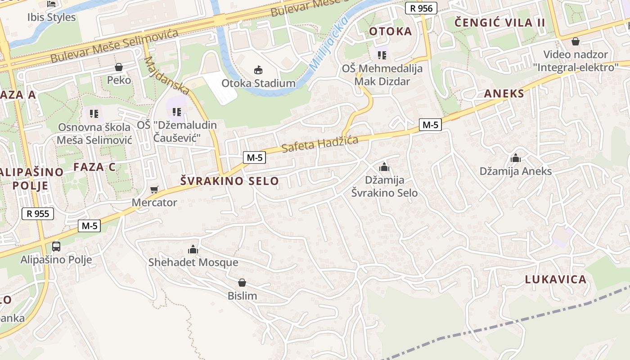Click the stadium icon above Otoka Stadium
pyautogui.click(x=258, y=70)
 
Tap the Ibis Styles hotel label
pyautogui.click(x=51, y=18)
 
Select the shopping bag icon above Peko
pyautogui.click(x=119, y=67)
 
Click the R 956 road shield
pyautogui.click(x=421, y=8)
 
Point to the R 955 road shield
pyautogui.click(x=38, y=214)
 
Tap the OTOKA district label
pyautogui.click(x=390, y=31)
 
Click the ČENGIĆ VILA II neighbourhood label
pyautogui.click(x=499, y=22)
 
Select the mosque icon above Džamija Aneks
pyautogui.click(x=516, y=158)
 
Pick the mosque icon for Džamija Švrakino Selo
pyautogui.click(x=384, y=167)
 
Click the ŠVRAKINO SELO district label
pyautogui.click(x=229, y=181)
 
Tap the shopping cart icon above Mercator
pyautogui.click(x=154, y=189)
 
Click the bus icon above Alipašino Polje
pyautogui.click(x=56, y=246)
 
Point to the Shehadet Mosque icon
pyautogui.click(x=193, y=249)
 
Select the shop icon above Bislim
pyautogui.click(x=242, y=283)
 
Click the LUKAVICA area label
pyautogui.click(x=555, y=279)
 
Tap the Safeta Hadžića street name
pyautogui.click(x=320, y=144)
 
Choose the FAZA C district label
pyautogui.click(x=94, y=167)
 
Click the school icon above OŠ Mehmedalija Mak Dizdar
pyautogui.click(x=382, y=55)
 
